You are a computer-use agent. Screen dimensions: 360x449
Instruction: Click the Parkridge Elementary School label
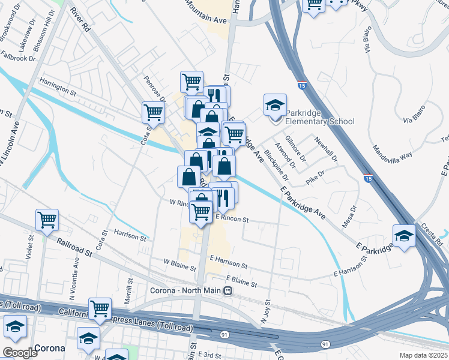point(311,117)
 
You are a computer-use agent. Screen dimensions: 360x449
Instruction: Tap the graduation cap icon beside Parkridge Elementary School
point(274,105)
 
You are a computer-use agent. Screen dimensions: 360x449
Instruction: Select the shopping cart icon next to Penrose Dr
point(153,112)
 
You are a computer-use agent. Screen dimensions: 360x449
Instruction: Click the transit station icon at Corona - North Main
point(228,291)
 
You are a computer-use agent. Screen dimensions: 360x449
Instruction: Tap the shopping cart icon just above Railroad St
point(47,220)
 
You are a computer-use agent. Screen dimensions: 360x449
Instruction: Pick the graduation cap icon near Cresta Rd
point(404,235)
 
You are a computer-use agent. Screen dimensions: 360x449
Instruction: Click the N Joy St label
point(266,312)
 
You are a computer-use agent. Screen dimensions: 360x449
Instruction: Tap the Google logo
point(19,353)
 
